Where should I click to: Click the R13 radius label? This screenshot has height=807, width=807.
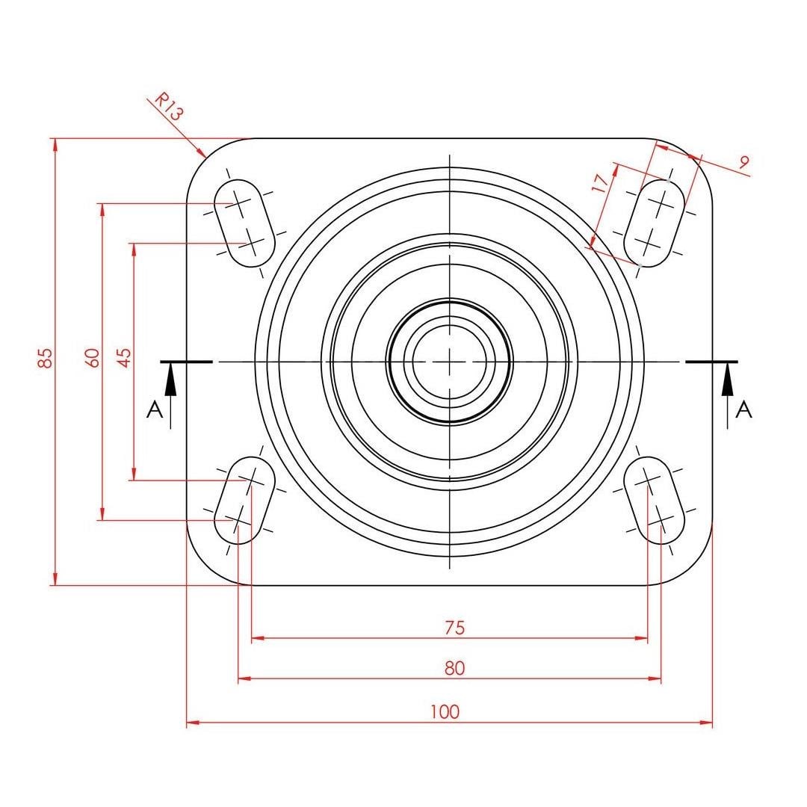169,107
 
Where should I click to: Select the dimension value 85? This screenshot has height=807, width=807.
46,358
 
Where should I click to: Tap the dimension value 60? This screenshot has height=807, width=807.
92,358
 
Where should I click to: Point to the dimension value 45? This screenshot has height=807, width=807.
125,358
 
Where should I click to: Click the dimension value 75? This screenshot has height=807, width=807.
454,628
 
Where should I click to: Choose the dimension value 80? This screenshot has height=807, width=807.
454,668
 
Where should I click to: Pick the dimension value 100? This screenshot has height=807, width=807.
445,712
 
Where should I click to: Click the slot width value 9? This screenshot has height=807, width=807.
743,162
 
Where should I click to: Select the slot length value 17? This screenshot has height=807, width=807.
601,183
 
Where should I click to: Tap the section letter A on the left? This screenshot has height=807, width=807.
155,410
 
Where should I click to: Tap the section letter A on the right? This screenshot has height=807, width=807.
743,409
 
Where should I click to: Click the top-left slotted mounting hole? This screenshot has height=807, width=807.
244,223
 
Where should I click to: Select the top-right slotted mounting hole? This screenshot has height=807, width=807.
654,223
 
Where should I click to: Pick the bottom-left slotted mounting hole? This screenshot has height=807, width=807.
244,500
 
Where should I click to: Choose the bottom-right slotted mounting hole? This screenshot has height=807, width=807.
654,500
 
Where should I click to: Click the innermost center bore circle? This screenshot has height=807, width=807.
449,325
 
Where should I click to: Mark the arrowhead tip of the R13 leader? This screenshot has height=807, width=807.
206,157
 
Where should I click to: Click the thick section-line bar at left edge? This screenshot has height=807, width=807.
186,362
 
